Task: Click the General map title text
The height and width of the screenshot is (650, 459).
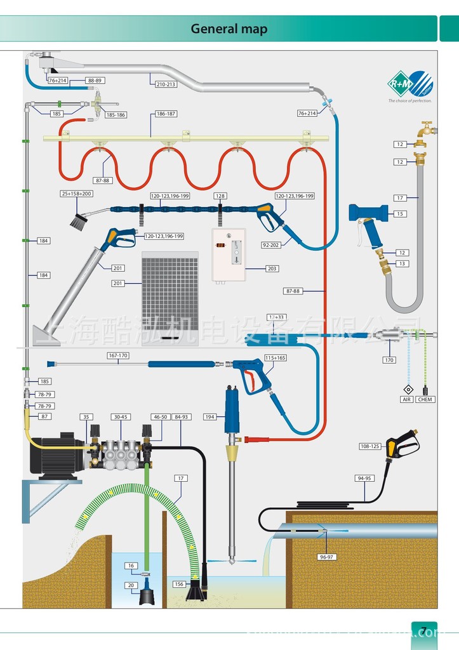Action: tap(229, 29)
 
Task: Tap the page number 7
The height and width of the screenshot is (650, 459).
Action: tap(423, 631)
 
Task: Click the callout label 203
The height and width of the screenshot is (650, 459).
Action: tap(272, 269)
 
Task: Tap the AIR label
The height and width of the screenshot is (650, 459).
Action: tap(407, 399)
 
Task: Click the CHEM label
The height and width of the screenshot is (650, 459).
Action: tap(425, 399)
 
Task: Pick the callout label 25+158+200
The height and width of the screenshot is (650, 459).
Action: tap(77, 193)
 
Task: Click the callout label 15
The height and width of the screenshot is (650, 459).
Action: tap(400, 214)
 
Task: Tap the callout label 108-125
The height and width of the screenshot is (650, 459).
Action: tap(369, 446)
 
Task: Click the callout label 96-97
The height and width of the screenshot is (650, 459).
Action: tap(326, 557)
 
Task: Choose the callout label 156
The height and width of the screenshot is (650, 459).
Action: tap(179, 583)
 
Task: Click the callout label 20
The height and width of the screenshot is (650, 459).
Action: tap(131, 585)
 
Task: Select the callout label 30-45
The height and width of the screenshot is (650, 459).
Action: tap(120, 417)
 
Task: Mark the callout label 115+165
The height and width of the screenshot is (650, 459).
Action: tap(276, 358)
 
